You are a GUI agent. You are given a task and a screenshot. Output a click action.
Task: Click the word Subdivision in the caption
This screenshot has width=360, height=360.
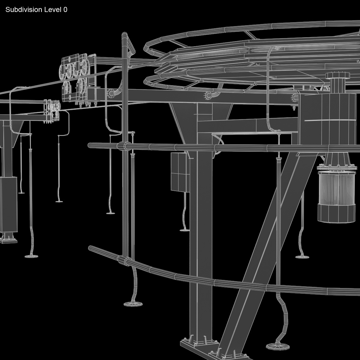coord(24,10)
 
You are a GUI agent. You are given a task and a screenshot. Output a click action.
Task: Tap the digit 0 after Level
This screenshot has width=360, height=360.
coord(65,10)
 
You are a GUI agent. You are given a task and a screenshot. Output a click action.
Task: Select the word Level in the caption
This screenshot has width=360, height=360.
coord(52,10)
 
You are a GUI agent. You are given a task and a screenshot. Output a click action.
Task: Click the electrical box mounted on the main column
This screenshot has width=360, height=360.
coord(179,172)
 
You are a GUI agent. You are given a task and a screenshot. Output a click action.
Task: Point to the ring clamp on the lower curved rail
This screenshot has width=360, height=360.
coord(123,260)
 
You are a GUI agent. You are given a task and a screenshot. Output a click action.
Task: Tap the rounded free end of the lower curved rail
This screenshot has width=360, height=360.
coord(91,248)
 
